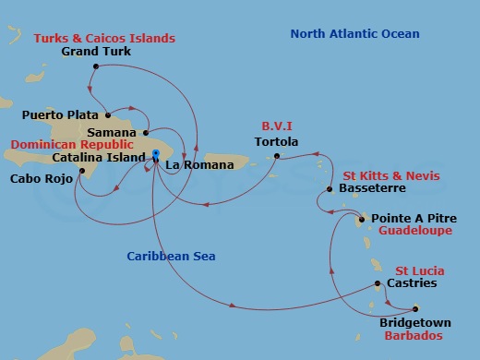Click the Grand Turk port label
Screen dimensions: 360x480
(x=96, y=52)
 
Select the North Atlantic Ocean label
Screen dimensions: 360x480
(x=354, y=34)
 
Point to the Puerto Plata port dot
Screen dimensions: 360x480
(x=108, y=115)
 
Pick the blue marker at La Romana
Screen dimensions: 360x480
(x=156, y=154)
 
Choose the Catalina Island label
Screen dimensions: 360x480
(x=91, y=158)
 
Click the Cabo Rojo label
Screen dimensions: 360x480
(x=36, y=177)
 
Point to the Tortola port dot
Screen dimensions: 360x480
(x=276, y=157)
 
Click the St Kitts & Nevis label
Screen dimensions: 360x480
(x=391, y=175)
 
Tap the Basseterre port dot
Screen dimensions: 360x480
(x=330, y=189)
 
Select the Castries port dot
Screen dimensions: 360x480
(x=378, y=284)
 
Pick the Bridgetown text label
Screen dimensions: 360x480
(x=414, y=324)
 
